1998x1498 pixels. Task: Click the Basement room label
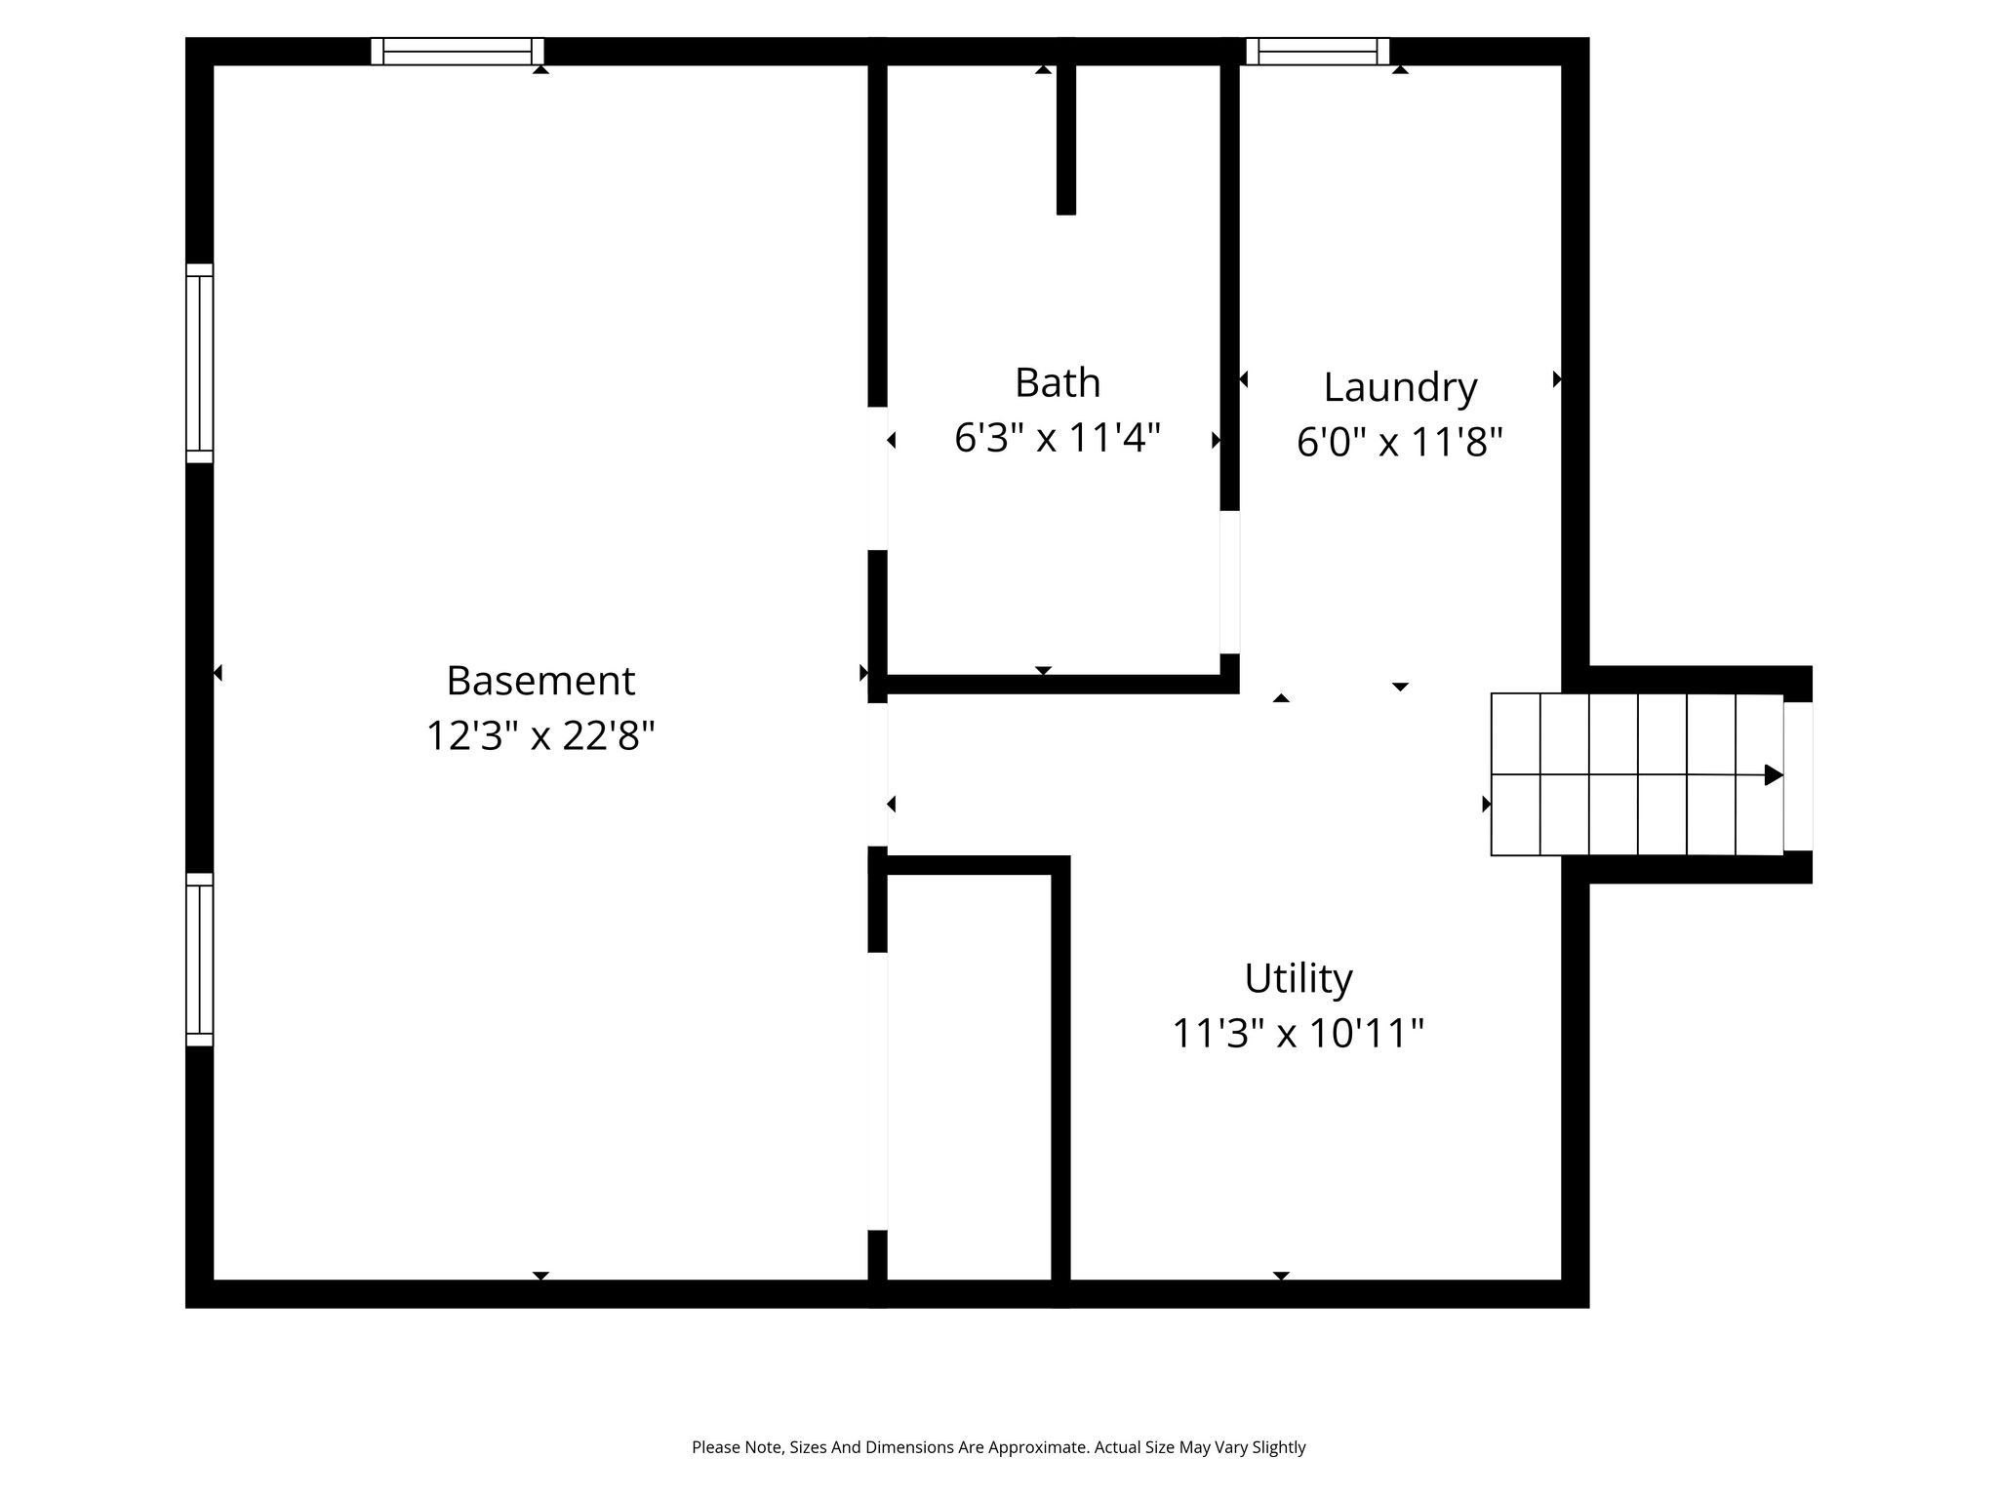click(x=540, y=680)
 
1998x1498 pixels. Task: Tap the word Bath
click(x=1058, y=382)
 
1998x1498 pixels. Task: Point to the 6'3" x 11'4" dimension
click(x=1058, y=437)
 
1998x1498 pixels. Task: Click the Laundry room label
click(x=1400, y=388)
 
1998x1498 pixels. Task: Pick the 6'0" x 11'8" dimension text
click(x=1400, y=442)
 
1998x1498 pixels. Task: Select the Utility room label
click(x=1299, y=978)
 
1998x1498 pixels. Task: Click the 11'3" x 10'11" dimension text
click(x=1299, y=1032)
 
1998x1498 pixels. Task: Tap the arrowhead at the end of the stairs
click(x=1774, y=775)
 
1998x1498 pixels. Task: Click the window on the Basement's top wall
click(x=457, y=52)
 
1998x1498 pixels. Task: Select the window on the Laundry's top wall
click(x=1317, y=52)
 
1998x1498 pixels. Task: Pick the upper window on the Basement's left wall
click(x=199, y=363)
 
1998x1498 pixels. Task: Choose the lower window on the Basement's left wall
click(x=199, y=960)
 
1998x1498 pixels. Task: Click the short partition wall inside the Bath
click(x=1066, y=139)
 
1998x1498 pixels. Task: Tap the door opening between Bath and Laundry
click(x=1229, y=582)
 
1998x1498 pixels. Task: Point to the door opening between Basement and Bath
click(x=878, y=478)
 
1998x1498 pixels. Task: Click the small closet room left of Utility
click(x=969, y=1077)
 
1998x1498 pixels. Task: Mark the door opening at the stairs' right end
click(x=1798, y=776)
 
